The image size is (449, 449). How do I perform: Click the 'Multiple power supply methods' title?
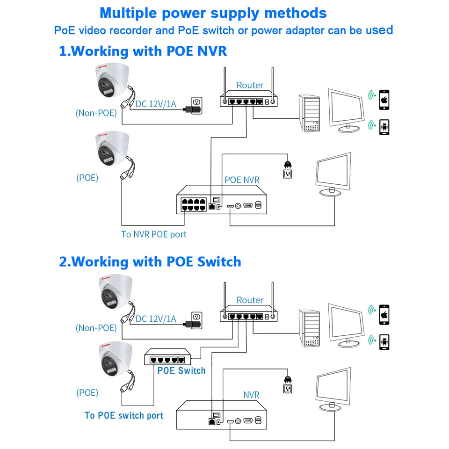point(213,13)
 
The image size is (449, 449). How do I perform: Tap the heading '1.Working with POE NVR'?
point(143,51)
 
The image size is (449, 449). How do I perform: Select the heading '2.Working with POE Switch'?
point(150,261)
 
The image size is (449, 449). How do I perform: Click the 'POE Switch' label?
point(181,371)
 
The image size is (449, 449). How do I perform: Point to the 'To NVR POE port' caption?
point(153,234)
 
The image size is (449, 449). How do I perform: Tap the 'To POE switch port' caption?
point(124,415)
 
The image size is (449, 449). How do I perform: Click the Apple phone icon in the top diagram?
point(384,100)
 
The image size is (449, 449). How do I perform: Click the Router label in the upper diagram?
point(250,85)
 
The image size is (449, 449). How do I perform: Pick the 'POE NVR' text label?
point(242,180)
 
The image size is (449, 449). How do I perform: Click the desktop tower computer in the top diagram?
point(309,113)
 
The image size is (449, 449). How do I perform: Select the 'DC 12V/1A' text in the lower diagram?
point(156,319)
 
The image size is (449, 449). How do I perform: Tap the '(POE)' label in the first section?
point(87,178)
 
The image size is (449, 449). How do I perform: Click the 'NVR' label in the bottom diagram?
point(251,395)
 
